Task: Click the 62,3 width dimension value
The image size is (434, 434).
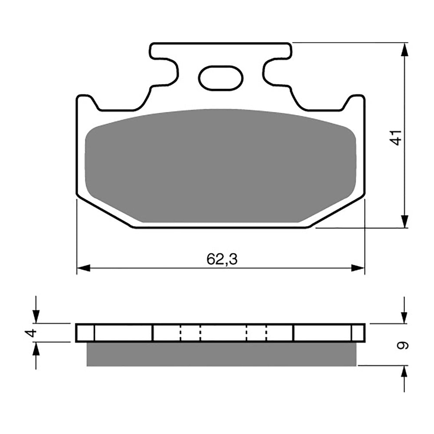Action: pos(222,260)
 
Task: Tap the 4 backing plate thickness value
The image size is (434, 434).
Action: pos(29,333)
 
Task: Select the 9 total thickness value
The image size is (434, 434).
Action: pos(404,345)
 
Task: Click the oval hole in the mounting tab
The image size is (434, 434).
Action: pos(220,79)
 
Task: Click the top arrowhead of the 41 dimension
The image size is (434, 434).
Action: pos(404,49)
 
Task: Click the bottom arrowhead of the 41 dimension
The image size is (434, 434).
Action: pos(404,221)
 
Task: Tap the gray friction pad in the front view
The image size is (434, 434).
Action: pos(220,167)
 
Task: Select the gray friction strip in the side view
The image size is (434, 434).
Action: pos(221,354)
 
